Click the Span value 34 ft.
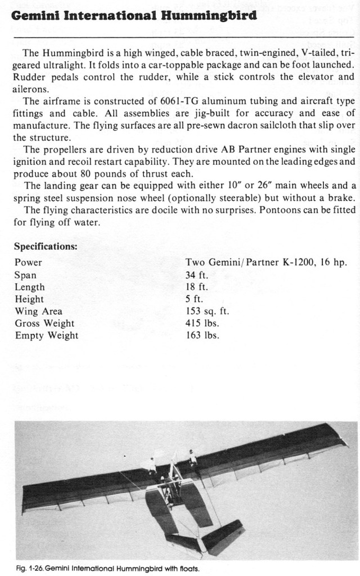(x=195, y=275)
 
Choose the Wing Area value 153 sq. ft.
(x=207, y=311)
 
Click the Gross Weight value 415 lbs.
(x=202, y=323)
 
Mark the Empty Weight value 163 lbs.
(x=202, y=336)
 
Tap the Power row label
(x=28, y=263)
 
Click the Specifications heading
(x=46, y=246)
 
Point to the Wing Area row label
(x=39, y=311)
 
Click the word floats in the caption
(x=187, y=568)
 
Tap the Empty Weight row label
(x=47, y=336)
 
